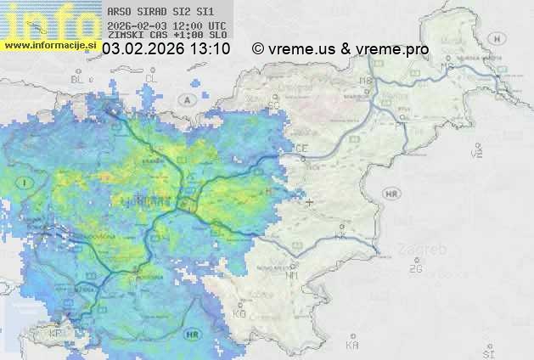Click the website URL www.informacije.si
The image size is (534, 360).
point(51,44)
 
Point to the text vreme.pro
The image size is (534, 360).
point(392,50)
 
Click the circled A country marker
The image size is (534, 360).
point(186,98)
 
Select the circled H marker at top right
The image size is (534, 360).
point(501,38)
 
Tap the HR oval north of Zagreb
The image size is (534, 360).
point(392,194)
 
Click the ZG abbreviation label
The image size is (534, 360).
point(415,269)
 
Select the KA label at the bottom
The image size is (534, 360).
point(352,346)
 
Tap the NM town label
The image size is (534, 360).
point(292,275)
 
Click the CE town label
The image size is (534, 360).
point(301,149)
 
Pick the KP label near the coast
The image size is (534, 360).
point(56,333)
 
